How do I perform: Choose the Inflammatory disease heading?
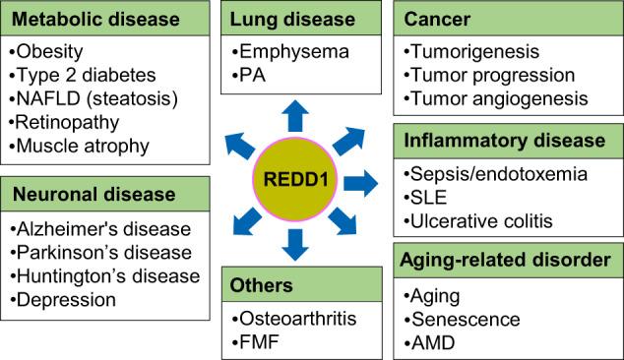pyautogui.click(x=505, y=141)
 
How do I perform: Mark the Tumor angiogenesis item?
pyautogui.click(x=497, y=98)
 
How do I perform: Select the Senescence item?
pyautogui.click(x=454, y=317)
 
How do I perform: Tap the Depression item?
pyautogui.click(x=64, y=299)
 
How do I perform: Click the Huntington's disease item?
pyautogui.click(x=93, y=275)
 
